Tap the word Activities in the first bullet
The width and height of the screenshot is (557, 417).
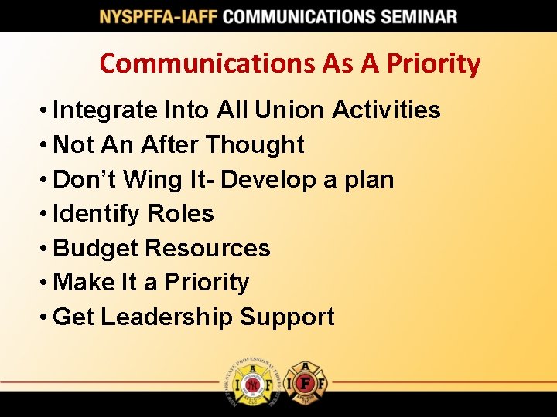386,110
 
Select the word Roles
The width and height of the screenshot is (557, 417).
179,213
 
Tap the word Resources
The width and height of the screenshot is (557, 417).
207,248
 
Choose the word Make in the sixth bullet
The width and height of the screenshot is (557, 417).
84,282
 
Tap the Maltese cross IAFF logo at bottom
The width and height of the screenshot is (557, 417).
305,382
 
